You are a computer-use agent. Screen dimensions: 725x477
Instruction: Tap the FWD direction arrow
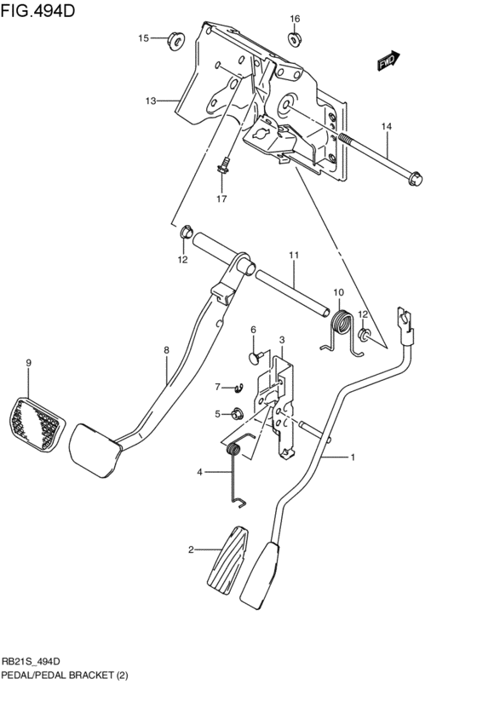(x=388, y=59)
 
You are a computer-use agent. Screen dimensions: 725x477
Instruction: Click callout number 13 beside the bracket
(x=150, y=101)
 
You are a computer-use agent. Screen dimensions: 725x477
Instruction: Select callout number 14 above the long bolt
(x=386, y=127)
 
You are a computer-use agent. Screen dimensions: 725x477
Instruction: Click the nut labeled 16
(x=296, y=38)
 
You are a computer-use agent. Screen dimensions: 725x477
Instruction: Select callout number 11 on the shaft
(x=293, y=255)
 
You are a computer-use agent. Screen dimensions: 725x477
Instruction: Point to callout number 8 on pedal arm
(x=167, y=349)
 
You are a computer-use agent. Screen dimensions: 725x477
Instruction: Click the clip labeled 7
(x=239, y=388)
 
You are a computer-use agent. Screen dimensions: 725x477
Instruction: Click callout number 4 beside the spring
(x=200, y=472)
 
